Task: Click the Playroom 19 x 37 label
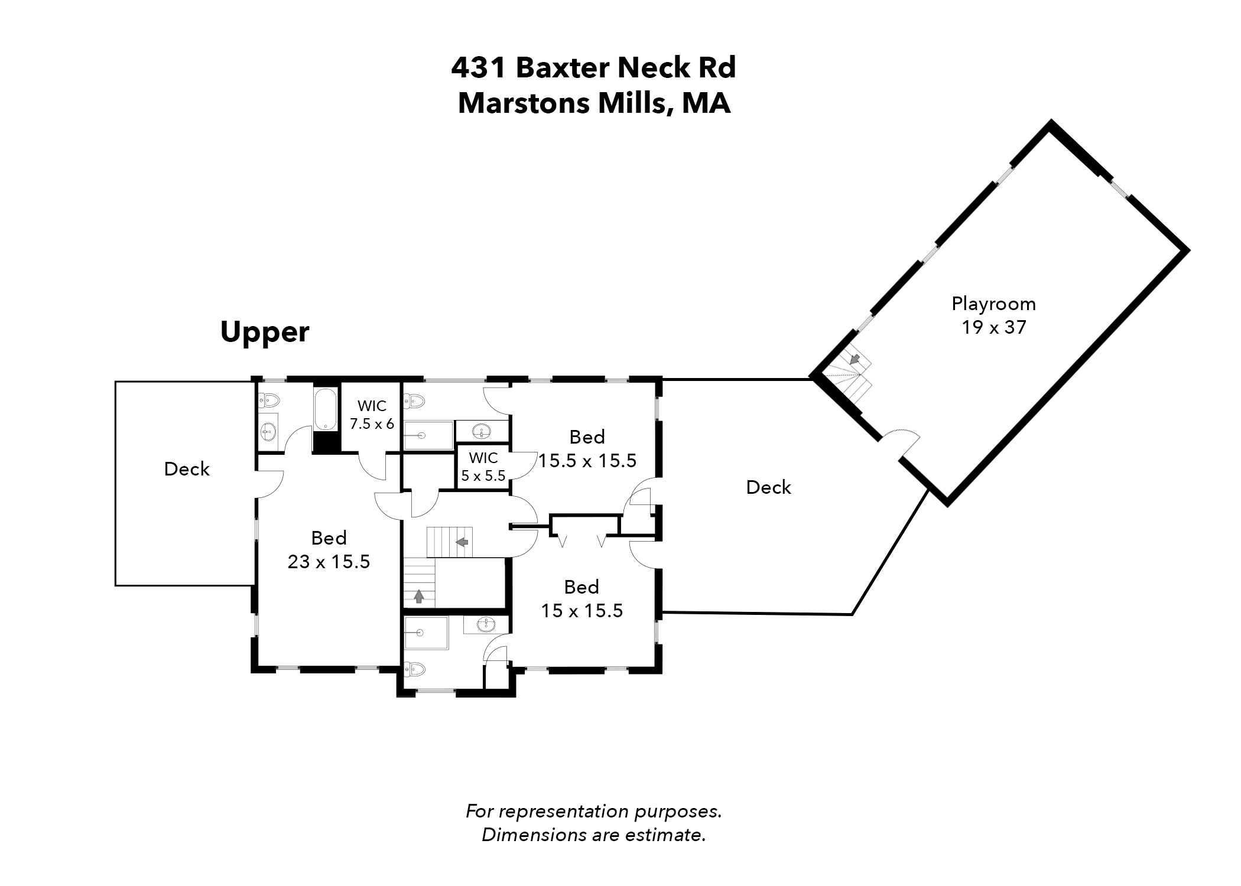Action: [993, 315]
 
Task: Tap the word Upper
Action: [265, 332]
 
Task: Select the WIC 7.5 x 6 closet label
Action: [372, 415]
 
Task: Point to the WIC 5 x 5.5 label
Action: [483, 467]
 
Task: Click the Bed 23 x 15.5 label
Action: [329, 549]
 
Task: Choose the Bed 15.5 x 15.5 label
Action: [587, 449]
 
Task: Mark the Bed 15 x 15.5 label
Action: [582, 598]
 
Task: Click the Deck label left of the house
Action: [187, 469]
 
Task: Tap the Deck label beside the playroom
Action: [768, 487]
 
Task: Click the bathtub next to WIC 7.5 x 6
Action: [325, 409]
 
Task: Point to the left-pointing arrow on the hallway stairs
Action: [462, 542]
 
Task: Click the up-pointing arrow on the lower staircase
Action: [419, 597]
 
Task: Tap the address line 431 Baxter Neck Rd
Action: [593, 68]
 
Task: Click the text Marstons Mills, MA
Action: [594, 103]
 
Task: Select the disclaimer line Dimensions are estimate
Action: [593, 835]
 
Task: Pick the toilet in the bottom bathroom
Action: [415, 669]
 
